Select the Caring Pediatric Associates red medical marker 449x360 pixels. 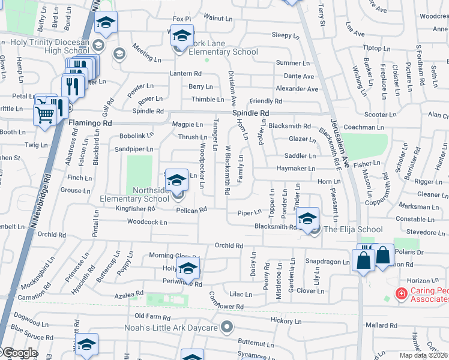(x=400, y=294)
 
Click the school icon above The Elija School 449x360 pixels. (x=307, y=220)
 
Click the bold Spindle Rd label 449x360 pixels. (x=250, y=113)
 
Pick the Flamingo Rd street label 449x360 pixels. (x=91, y=123)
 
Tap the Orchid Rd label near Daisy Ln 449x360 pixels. (x=229, y=245)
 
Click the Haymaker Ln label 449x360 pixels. (x=295, y=169)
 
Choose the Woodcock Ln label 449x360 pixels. (x=146, y=222)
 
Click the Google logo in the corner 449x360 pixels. (x=20, y=353)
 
